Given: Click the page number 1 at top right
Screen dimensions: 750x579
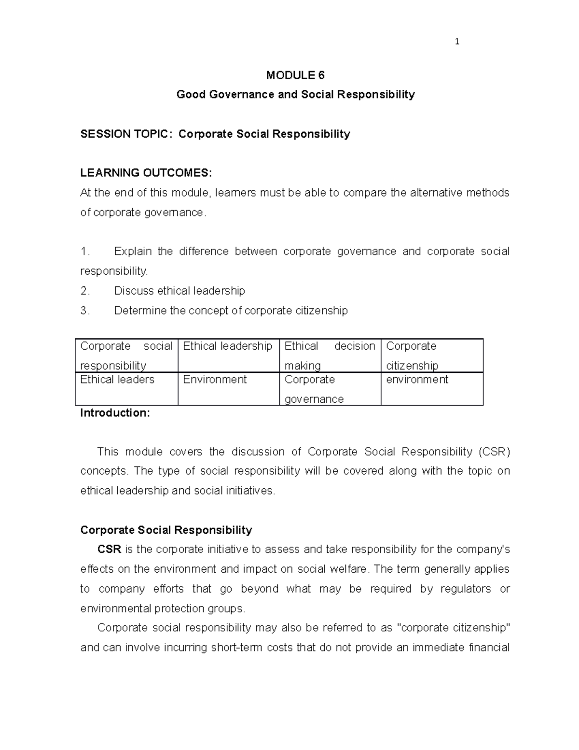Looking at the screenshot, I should [x=457, y=42].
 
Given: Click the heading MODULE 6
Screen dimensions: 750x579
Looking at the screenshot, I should [x=295, y=75].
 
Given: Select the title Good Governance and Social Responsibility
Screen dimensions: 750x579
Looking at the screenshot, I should [x=295, y=94].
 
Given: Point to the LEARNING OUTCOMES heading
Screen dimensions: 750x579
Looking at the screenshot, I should [x=146, y=173].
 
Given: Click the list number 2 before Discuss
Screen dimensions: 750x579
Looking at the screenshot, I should [x=84, y=291].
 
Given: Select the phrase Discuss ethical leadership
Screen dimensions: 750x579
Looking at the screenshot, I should [x=179, y=291].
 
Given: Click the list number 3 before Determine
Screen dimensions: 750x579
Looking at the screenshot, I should [x=84, y=311].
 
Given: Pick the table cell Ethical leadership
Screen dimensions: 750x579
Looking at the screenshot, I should [x=228, y=346].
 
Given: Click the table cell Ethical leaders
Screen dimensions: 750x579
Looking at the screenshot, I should [x=117, y=380].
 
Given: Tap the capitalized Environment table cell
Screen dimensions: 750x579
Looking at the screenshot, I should [x=215, y=380].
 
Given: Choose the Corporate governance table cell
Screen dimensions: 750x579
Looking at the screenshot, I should [x=314, y=389].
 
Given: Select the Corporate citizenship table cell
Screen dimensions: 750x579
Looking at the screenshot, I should [x=412, y=355].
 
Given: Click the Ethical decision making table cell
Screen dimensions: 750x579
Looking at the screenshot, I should [x=330, y=355].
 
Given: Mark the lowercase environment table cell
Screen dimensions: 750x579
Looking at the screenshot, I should [x=417, y=380].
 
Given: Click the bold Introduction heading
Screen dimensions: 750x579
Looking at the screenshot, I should [x=115, y=413].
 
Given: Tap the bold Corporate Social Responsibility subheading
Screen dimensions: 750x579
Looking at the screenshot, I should [x=166, y=530].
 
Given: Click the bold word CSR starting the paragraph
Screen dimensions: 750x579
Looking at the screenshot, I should [x=109, y=550].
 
